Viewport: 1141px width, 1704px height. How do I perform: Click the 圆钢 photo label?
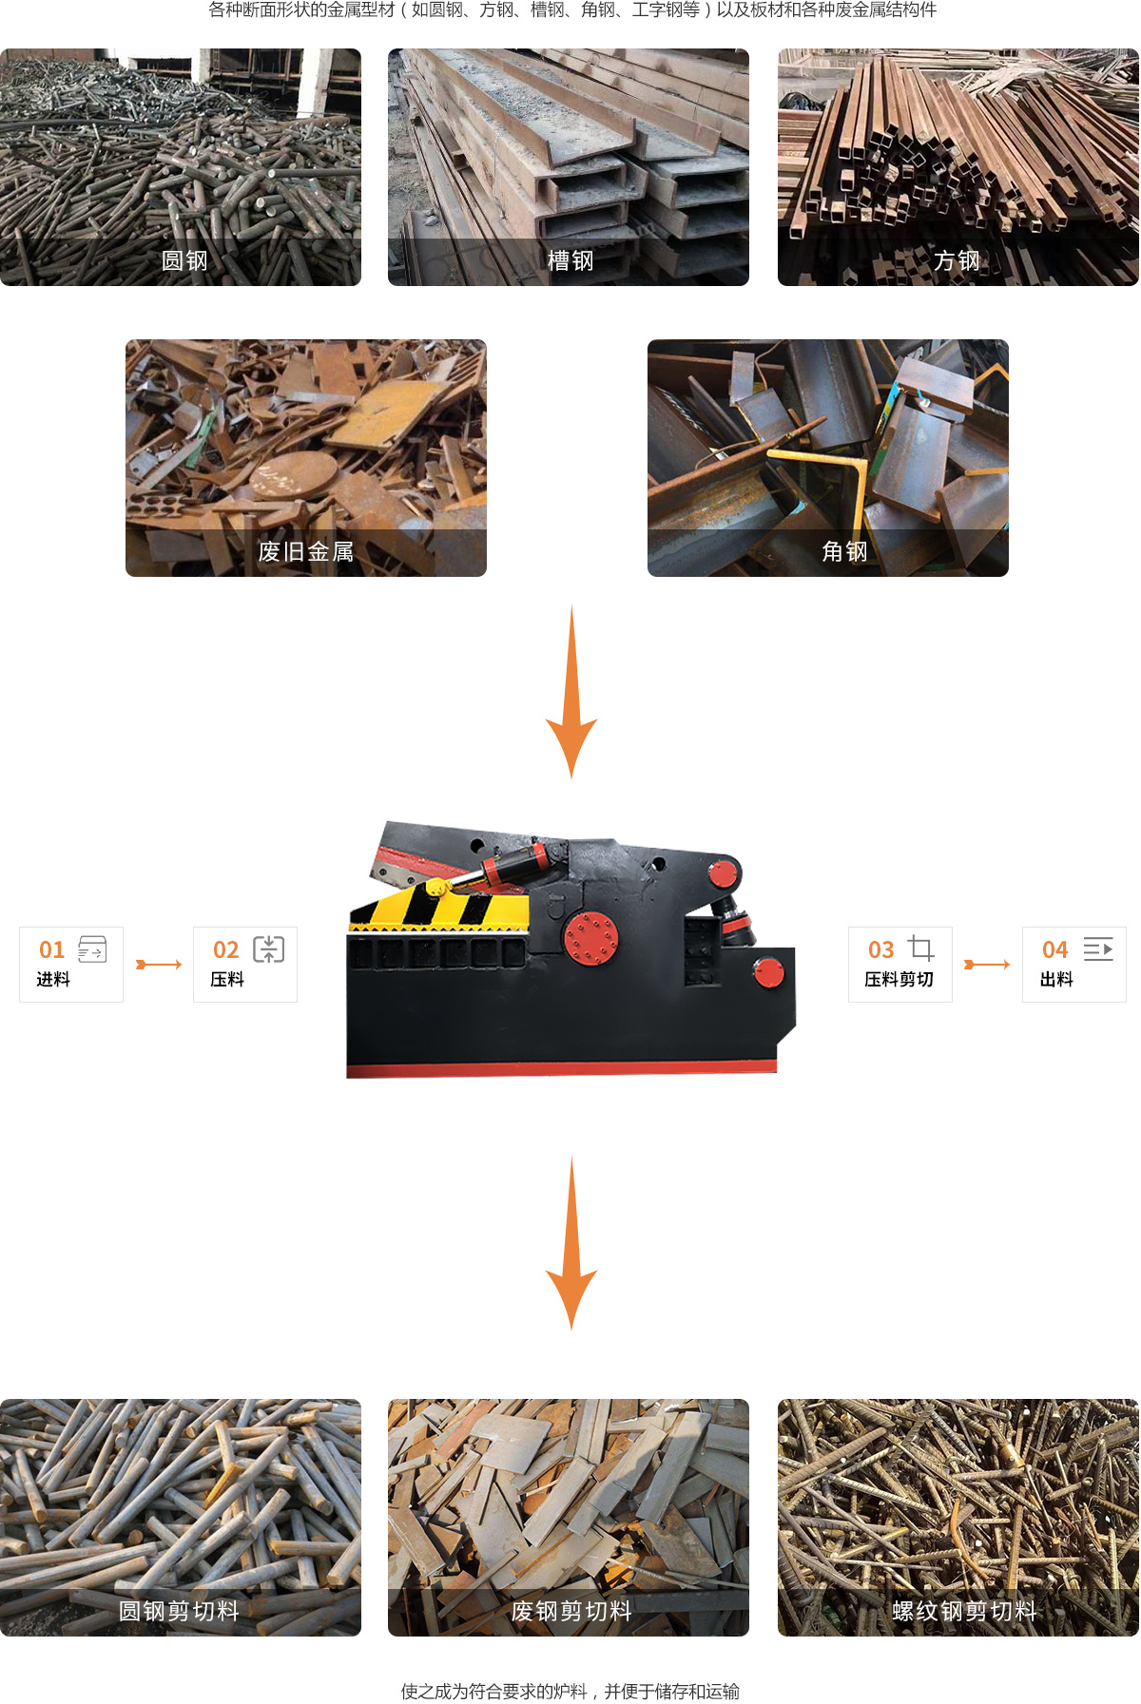(184, 260)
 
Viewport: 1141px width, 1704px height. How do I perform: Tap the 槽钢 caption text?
(570, 260)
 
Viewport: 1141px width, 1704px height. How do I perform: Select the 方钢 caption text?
(957, 260)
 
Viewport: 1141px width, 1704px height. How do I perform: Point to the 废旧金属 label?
(306, 551)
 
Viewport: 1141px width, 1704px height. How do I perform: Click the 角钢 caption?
(844, 551)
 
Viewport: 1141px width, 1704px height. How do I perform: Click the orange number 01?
(51, 949)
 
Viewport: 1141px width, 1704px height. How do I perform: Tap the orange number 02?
(225, 949)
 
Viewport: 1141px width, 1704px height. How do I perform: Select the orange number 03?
(880, 949)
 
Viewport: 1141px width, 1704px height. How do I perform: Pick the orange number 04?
(1054, 949)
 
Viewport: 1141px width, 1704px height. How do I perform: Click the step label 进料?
(53, 979)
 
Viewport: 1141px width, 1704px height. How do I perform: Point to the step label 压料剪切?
(899, 979)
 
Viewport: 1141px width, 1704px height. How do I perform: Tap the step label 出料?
(1056, 979)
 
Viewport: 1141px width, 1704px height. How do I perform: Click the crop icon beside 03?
(921, 948)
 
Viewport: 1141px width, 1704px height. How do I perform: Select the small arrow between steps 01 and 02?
(158, 965)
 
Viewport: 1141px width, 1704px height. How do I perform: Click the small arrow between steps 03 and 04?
(987, 965)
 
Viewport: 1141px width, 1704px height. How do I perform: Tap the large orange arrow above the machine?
(571, 692)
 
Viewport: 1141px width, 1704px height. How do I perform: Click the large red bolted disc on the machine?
(590, 936)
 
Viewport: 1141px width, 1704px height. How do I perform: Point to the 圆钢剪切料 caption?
(179, 1611)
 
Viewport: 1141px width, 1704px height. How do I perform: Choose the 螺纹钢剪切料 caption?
(964, 1611)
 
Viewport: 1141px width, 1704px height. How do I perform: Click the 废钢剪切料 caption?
(571, 1611)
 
